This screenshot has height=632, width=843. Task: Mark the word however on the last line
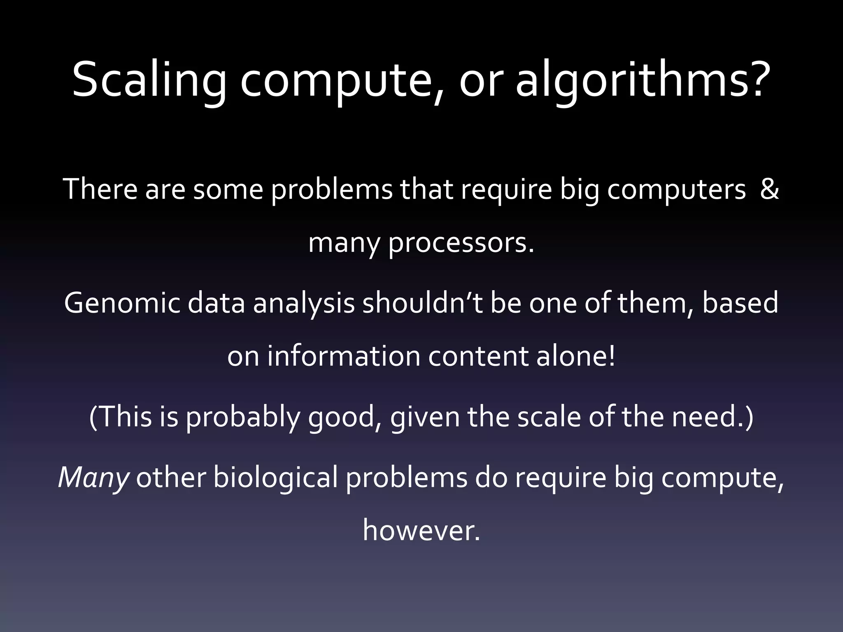click(x=421, y=531)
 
